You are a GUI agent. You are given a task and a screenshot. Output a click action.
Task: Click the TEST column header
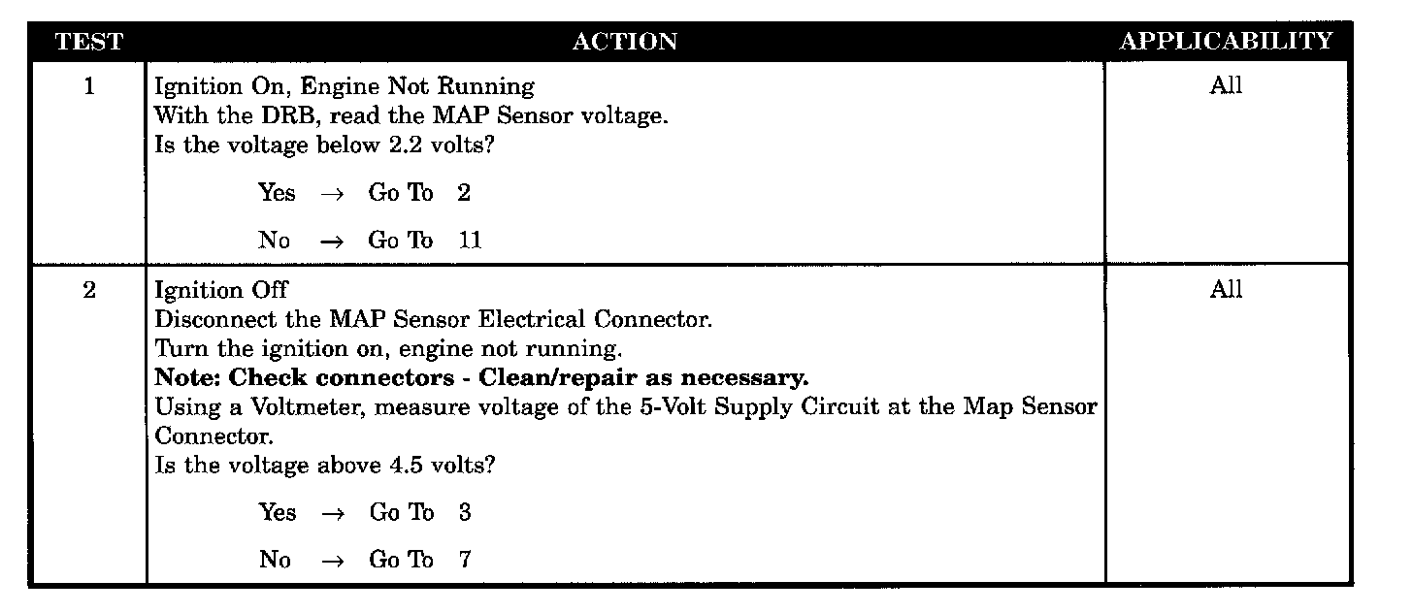(89, 42)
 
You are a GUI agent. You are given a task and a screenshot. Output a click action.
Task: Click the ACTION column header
(625, 42)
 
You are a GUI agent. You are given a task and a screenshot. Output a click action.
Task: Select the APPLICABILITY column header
(1227, 42)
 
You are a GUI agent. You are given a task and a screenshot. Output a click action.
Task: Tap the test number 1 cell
(89, 86)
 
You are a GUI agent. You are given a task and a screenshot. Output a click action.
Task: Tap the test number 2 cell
(89, 290)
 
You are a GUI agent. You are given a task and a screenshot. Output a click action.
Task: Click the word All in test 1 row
(1226, 86)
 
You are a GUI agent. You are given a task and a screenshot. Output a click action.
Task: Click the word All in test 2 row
(1226, 290)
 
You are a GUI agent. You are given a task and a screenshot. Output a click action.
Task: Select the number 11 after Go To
(470, 241)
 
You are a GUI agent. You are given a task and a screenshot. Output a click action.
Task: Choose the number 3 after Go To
(465, 513)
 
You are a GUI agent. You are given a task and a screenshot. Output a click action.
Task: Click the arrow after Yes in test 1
(331, 194)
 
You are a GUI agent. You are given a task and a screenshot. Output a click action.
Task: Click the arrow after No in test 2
(331, 561)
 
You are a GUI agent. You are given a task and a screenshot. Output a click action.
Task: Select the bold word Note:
(188, 377)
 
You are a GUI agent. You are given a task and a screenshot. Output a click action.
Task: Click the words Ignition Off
(221, 290)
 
